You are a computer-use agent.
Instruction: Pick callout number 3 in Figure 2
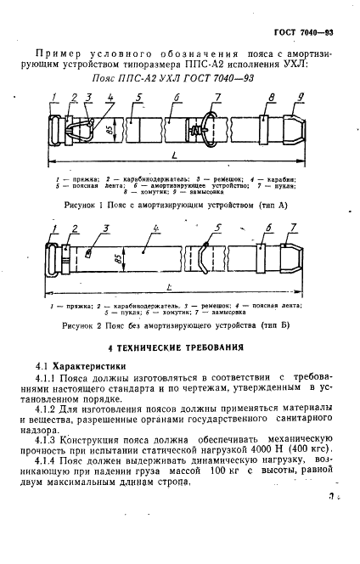click(x=106, y=228)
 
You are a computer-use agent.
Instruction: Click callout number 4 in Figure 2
click(x=159, y=228)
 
